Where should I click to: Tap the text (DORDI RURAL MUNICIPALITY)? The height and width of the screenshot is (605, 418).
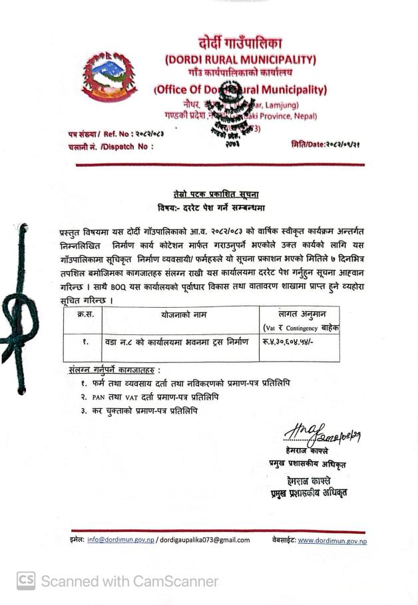pos(240,59)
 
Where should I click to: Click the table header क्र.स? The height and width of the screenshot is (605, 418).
pos(85,314)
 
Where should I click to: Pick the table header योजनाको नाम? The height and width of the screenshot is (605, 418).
pos(180,314)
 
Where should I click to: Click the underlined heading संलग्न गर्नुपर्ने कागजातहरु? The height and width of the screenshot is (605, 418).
pos(114,369)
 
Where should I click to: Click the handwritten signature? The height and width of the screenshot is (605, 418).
pos(314,435)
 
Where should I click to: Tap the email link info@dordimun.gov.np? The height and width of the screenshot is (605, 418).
pos(120,540)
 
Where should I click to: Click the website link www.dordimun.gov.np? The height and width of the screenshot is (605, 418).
pos(332,540)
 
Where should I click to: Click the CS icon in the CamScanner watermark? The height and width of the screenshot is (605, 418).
pos(25,581)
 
